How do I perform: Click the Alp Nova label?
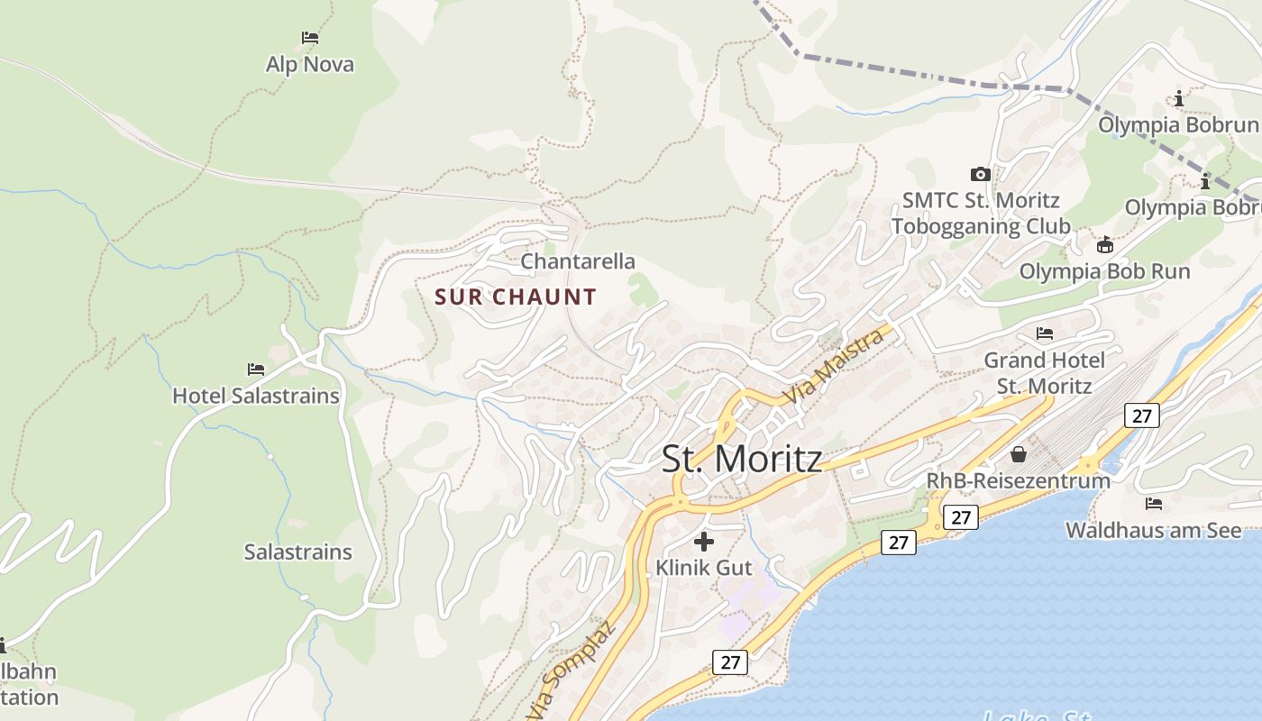coord(309,65)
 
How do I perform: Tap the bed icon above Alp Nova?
coord(310,38)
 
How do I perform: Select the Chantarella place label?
coord(578,261)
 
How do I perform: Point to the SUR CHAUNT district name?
coord(516,297)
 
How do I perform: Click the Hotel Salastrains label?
coord(256,396)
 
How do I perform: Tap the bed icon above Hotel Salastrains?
coord(256,370)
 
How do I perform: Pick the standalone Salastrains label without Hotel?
coord(297,552)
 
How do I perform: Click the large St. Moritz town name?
coord(742,459)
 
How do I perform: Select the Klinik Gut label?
coord(703,568)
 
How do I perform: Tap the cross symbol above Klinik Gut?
coord(704,542)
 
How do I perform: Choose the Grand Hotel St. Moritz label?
coord(1044,373)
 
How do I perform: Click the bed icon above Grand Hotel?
coord(1045,333)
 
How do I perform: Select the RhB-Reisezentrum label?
coord(1018,480)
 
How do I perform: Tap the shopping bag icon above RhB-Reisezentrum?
coord(1019,454)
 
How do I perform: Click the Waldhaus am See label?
coord(1153,530)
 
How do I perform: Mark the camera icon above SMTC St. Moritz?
coord(981,174)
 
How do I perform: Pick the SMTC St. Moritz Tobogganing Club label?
coord(981,213)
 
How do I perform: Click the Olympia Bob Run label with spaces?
coord(1104,271)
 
